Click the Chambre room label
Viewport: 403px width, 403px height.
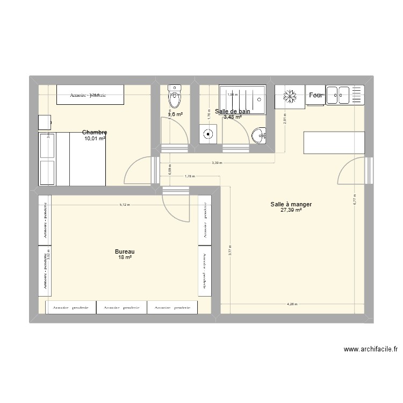[95, 132]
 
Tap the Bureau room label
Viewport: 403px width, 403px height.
[125, 251]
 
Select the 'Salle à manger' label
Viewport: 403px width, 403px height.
[292, 204]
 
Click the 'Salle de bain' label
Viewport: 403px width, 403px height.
[232, 111]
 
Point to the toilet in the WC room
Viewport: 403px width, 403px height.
[175, 97]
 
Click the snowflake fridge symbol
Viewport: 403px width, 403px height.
[290, 96]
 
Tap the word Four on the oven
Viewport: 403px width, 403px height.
[315, 96]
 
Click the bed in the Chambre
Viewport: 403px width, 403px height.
[72, 159]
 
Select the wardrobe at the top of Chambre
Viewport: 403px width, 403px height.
[90, 95]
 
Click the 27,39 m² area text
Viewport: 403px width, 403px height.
[291, 210]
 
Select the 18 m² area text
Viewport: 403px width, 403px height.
[125, 258]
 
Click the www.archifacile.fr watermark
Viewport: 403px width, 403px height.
[370, 349]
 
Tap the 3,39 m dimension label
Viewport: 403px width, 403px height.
[217, 163]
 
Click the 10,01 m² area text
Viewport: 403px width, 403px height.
[95, 138]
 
